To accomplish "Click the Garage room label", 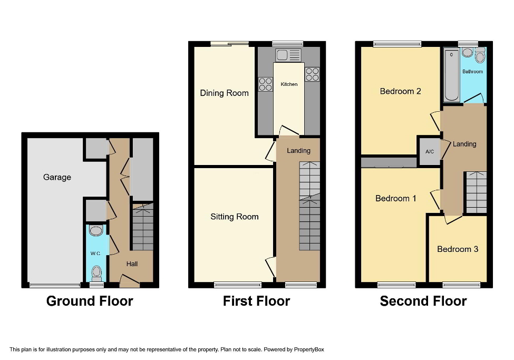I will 57,177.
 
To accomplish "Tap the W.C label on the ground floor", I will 95,253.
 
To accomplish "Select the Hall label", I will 132,264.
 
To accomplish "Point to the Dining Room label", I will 224,93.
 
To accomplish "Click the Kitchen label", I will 289,84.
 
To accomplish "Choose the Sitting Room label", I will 234,217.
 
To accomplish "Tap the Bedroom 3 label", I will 458,249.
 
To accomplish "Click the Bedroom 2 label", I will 400,91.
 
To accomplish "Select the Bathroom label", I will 472,71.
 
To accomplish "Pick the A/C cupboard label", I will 430,152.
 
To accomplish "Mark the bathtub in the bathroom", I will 452,75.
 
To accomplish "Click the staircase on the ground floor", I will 142,227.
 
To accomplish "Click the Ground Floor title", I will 90,301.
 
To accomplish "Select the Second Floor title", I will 423,301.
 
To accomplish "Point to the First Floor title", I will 256,301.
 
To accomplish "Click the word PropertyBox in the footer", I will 309,349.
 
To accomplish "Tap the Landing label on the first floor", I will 298,150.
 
